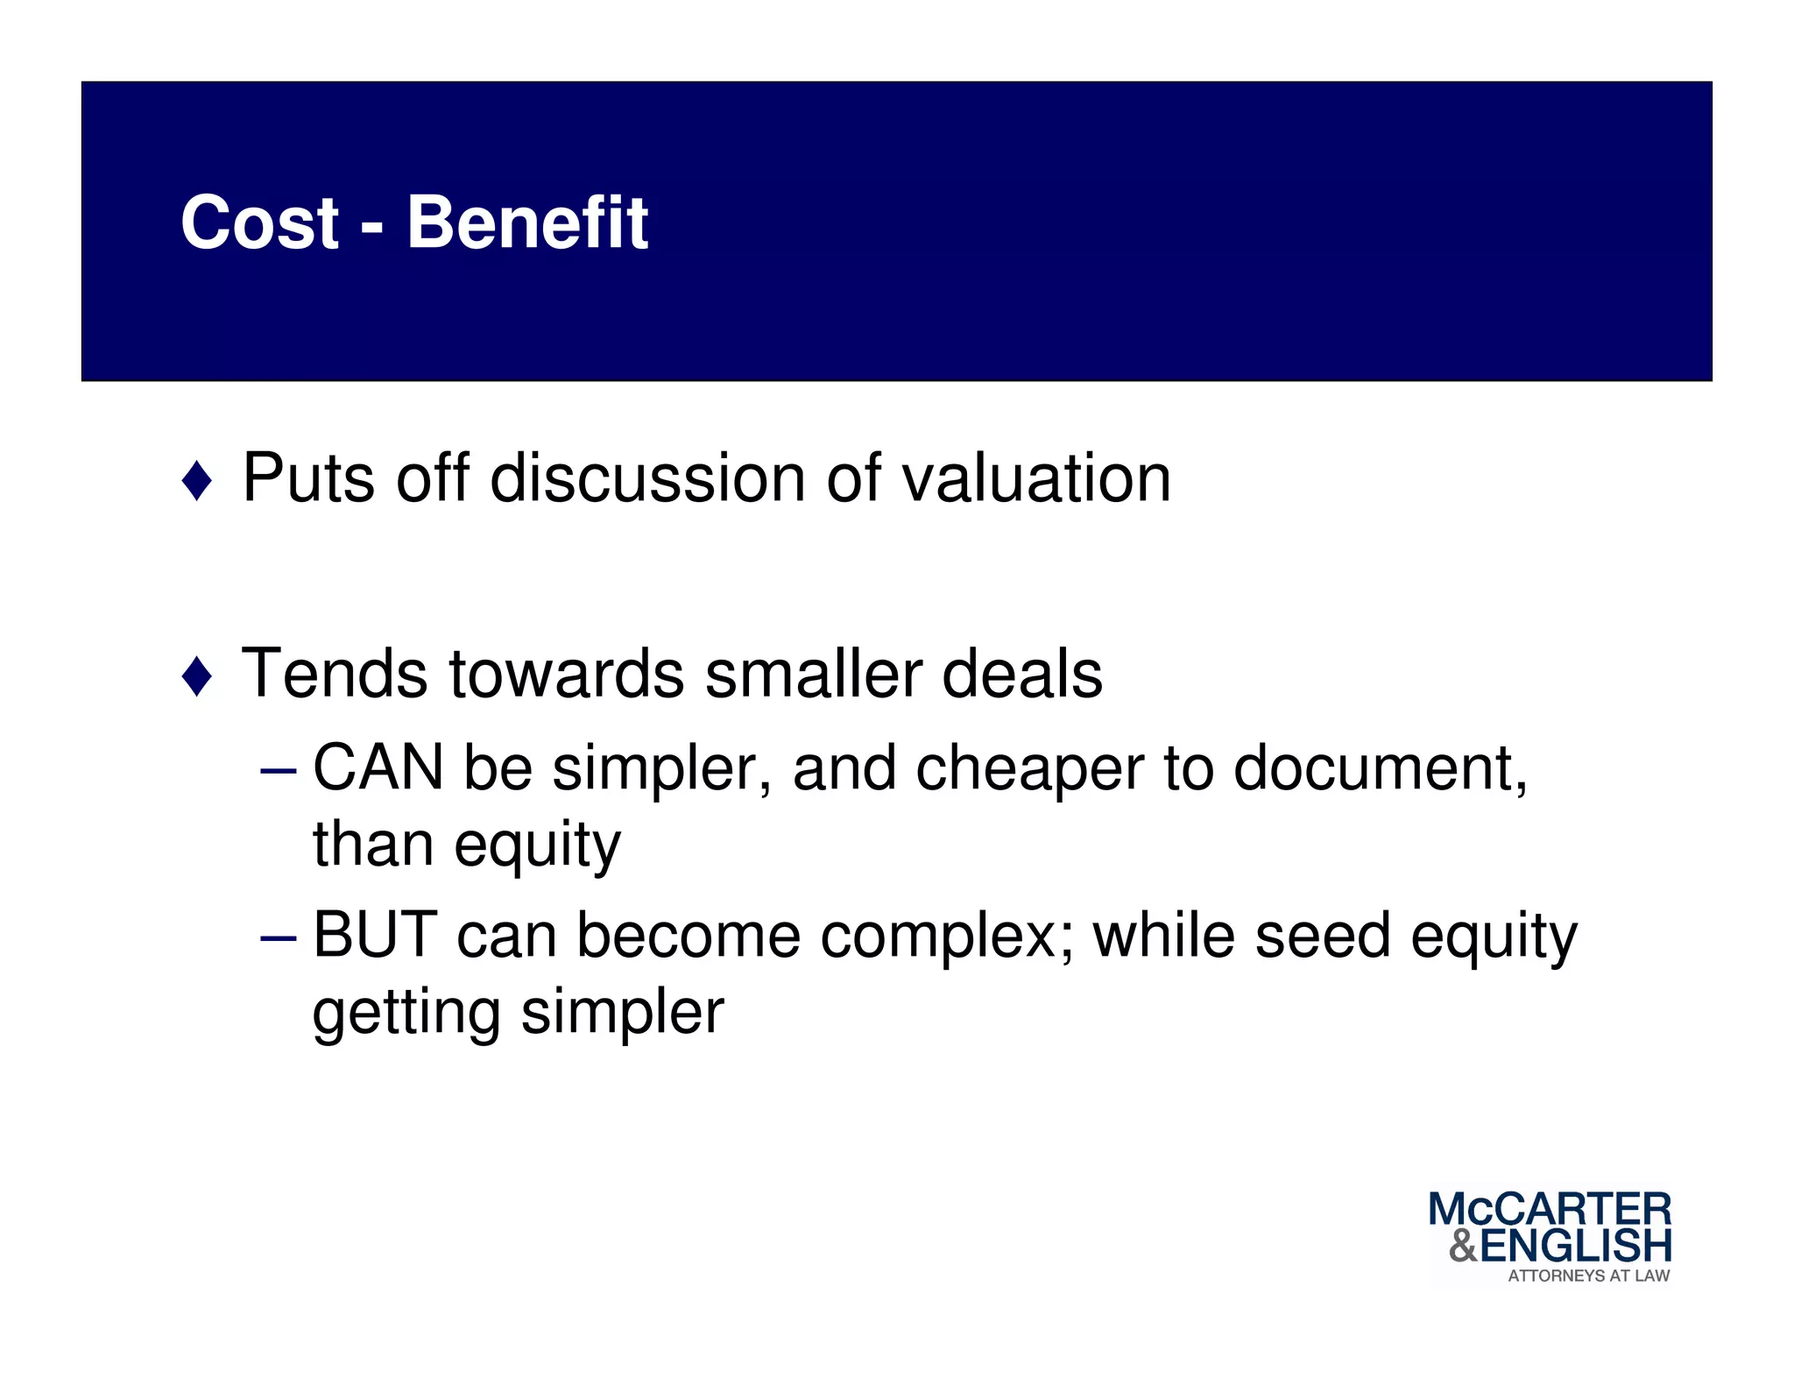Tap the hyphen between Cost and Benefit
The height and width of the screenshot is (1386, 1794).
[x=372, y=230]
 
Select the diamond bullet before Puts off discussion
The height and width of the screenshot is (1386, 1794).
[x=197, y=481]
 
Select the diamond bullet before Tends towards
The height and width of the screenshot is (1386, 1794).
[x=197, y=676]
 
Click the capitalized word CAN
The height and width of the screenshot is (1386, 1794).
[x=378, y=768]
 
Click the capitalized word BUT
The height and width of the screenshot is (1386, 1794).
[x=375, y=935]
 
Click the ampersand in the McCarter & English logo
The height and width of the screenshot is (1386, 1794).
[x=1464, y=1245]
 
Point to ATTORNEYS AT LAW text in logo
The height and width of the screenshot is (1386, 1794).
[x=1588, y=1276]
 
